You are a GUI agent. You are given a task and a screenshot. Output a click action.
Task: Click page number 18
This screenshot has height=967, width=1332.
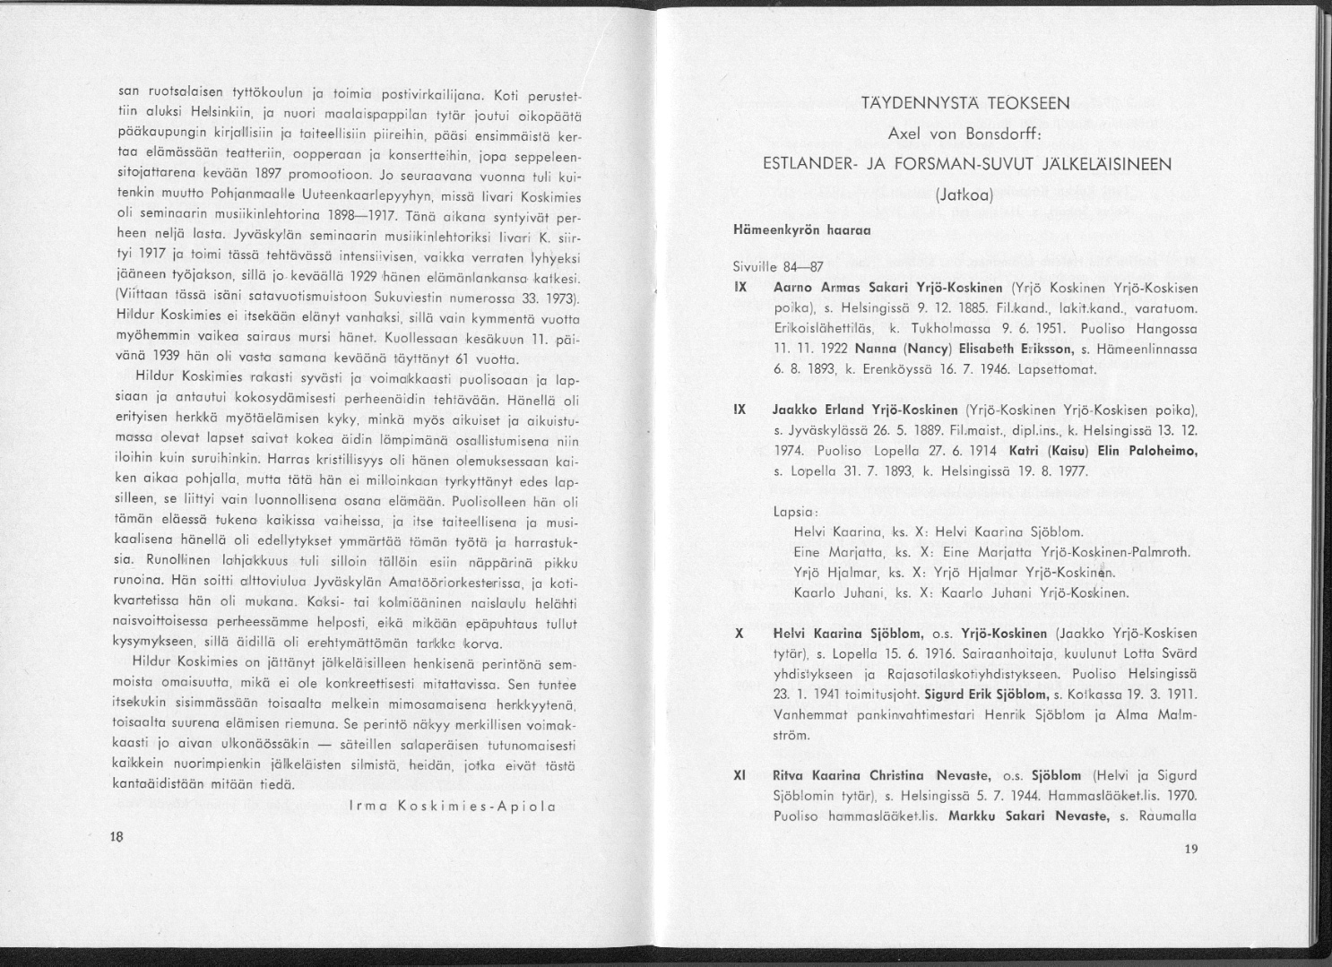point(116,836)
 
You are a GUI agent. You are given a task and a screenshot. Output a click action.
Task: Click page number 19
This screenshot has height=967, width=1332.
point(1190,850)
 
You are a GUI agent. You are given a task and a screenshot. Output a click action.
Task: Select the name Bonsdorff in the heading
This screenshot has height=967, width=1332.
point(1000,134)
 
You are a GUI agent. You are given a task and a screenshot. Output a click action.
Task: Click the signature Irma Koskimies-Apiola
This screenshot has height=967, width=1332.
point(452,806)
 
